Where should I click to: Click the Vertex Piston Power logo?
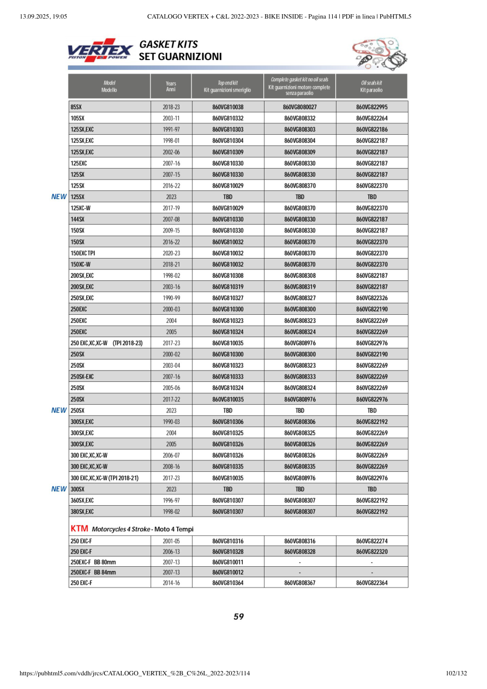coord(100,50)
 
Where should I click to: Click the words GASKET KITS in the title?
coord(169,44)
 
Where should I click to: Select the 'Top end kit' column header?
coord(227,86)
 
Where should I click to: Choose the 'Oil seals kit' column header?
coord(371,86)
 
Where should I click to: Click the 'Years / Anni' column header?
coord(171,86)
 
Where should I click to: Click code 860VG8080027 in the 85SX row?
coord(299,107)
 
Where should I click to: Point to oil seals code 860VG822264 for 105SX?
coord(371,118)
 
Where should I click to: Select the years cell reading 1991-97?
coord(171,130)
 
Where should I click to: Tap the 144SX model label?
coord(77,219)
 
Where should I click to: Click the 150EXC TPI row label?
coord(83,253)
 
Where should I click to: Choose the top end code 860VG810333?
coord(227,376)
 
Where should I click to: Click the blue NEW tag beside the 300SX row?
coord(59,489)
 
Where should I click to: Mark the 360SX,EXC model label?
coord(82,500)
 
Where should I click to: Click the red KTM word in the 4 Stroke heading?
coord(80,529)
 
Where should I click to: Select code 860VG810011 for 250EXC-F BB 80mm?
coord(227,562)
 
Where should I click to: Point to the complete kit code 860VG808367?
coord(299,583)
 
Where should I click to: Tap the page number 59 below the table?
coord(238,617)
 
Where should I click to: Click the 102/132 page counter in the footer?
coord(456,674)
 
